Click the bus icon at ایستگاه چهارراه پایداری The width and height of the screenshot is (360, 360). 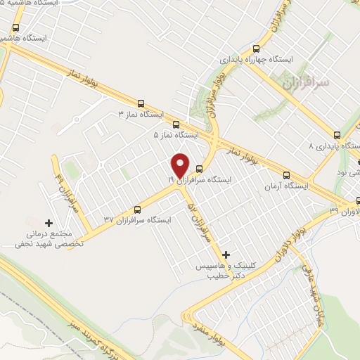tap(256, 49)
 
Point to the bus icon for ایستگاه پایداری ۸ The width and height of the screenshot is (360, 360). tap(337, 135)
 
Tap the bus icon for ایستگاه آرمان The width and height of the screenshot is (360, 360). tap(285, 175)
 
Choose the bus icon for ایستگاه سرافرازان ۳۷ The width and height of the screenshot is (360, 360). tap(138, 208)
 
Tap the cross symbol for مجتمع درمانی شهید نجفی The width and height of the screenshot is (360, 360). tap(49, 222)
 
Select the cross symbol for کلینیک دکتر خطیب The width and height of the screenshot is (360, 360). tap(225, 254)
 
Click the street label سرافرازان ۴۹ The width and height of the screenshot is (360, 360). tap(65, 193)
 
